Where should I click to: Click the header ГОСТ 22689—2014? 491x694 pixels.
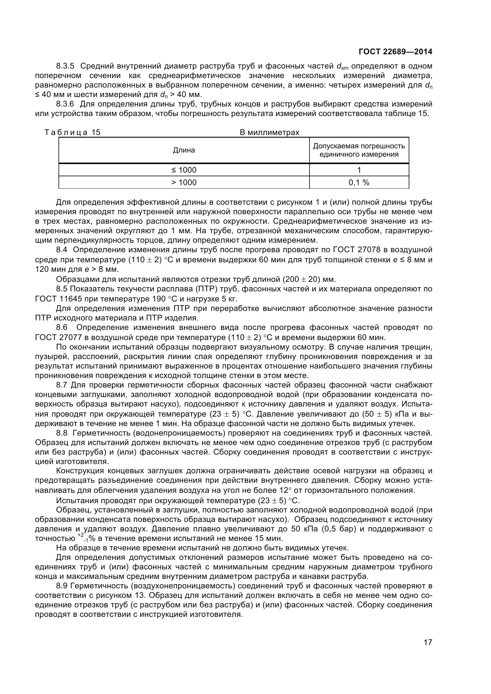pos(395,52)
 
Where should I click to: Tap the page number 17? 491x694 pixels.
pos(428,650)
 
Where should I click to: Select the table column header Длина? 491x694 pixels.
pos(184,150)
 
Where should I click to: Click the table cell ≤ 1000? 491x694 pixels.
pos(184,170)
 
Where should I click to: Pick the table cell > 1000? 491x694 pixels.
pos(184,182)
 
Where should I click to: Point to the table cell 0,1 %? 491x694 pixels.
pos(359,182)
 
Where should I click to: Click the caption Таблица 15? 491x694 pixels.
pos(72,132)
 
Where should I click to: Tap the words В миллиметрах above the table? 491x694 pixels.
pos(269,132)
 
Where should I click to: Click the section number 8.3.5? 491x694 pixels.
pos(65,66)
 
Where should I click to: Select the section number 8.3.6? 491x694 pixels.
pos(65,104)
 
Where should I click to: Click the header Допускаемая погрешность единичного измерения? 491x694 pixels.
pos(359,150)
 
